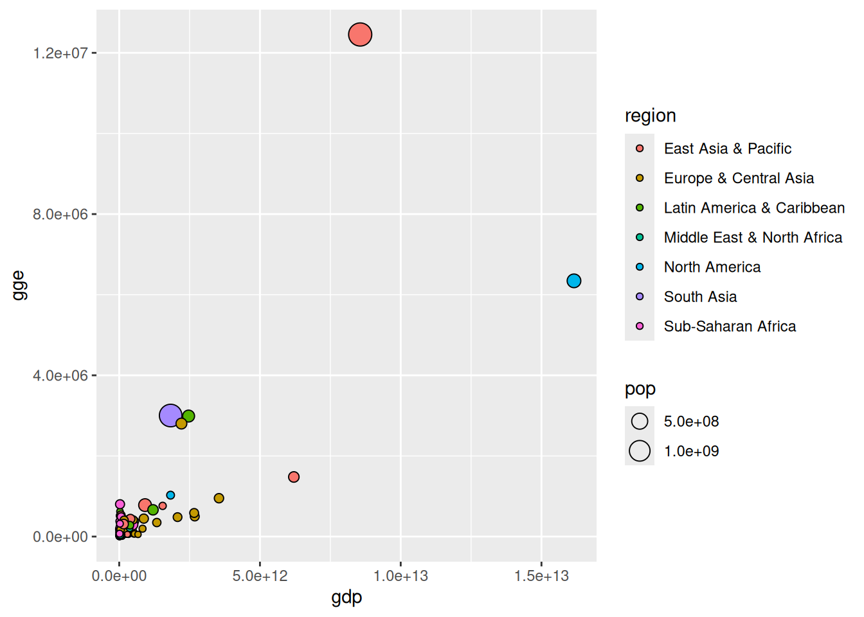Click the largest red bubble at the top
360,34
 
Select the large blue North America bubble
573,281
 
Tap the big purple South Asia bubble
170,416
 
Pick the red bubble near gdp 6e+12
294,477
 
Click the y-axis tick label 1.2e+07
60,53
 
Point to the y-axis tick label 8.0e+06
60,214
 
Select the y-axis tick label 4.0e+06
60,375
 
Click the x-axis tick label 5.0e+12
260,576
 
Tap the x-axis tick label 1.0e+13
401,576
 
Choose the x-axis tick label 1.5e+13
541,576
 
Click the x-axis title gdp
346,597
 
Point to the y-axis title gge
19,285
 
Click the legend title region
650,116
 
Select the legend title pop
640,389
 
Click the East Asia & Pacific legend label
727,148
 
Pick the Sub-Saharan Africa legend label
730,326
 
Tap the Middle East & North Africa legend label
753,238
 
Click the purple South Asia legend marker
640,296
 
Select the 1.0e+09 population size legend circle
640,451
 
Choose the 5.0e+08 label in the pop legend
691,422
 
